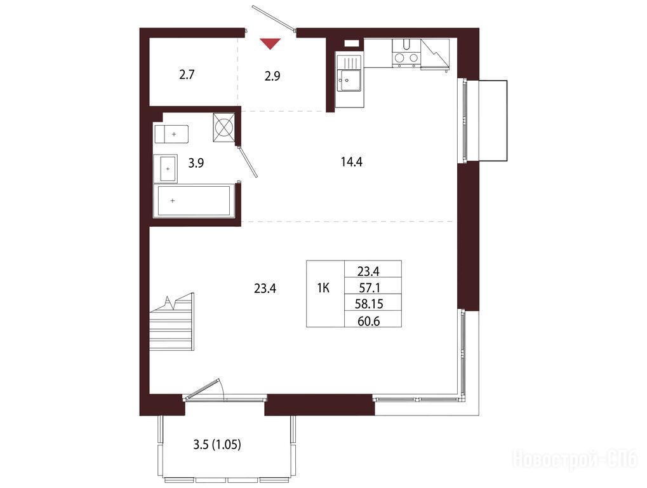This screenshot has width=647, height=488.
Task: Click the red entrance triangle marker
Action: pyautogui.click(x=270, y=43)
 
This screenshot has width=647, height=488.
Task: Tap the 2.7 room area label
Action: pyautogui.click(x=187, y=75)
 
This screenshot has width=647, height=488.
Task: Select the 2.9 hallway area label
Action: pyautogui.click(x=272, y=76)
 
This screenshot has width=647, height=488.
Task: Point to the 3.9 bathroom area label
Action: pyautogui.click(x=196, y=163)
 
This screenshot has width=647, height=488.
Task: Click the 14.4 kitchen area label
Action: pyautogui.click(x=352, y=162)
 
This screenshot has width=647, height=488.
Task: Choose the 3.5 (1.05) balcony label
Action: pyautogui.click(x=217, y=445)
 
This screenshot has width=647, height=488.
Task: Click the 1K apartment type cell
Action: pyautogui.click(x=324, y=288)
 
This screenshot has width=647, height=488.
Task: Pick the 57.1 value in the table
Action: pyautogui.click(x=368, y=287)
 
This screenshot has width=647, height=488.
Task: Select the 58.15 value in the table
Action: pyautogui.click(x=369, y=304)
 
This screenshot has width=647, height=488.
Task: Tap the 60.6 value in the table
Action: pyautogui.click(x=368, y=321)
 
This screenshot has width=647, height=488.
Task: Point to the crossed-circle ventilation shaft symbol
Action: pyautogui.click(x=224, y=127)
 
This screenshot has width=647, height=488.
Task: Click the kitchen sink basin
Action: pyautogui.click(x=349, y=80)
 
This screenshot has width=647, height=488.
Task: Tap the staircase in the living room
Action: pyautogui.click(x=171, y=322)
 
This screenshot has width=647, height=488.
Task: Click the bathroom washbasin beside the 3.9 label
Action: pyautogui.click(x=166, y=169)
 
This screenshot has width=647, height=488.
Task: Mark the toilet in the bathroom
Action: pyautogui.click(x=171, y=134)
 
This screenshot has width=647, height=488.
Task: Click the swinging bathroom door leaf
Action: pyautogui.click(x=248, y=161)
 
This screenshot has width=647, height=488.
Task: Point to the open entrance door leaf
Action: pyautogui.click(x=273, y=18)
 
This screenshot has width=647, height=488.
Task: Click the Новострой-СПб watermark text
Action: pyautogui.click(x=575, y=459)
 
